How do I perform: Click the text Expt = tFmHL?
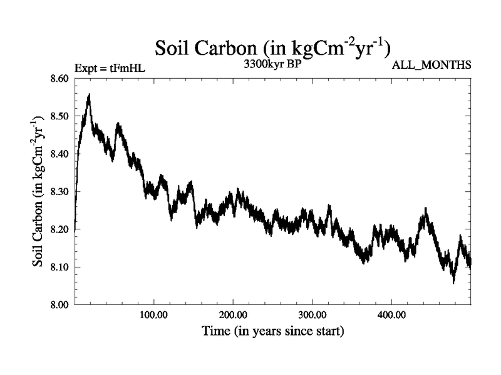point(110,67)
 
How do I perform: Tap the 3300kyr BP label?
point(272,64)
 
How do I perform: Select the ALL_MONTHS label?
point(431,65)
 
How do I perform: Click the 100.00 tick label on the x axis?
point(153,314)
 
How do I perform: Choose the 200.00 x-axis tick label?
point(232,314)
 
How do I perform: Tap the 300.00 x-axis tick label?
point(312,314)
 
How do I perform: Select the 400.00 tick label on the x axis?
point(391,314)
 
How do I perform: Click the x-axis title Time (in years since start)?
point(272,331)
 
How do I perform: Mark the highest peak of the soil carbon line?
point(90,96)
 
